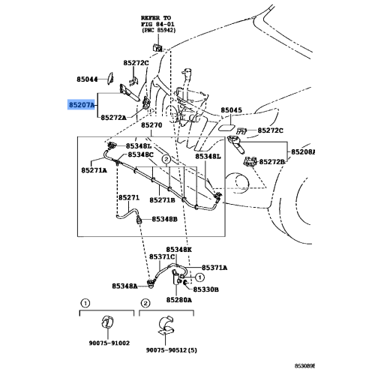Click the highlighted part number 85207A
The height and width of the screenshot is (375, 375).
coord(82,106)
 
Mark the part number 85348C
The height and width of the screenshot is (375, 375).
coord(139,154)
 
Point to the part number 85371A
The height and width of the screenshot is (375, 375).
coord(214,268)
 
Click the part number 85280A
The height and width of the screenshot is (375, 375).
coord(179,299)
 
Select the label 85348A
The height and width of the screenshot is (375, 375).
coord(125,286)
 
